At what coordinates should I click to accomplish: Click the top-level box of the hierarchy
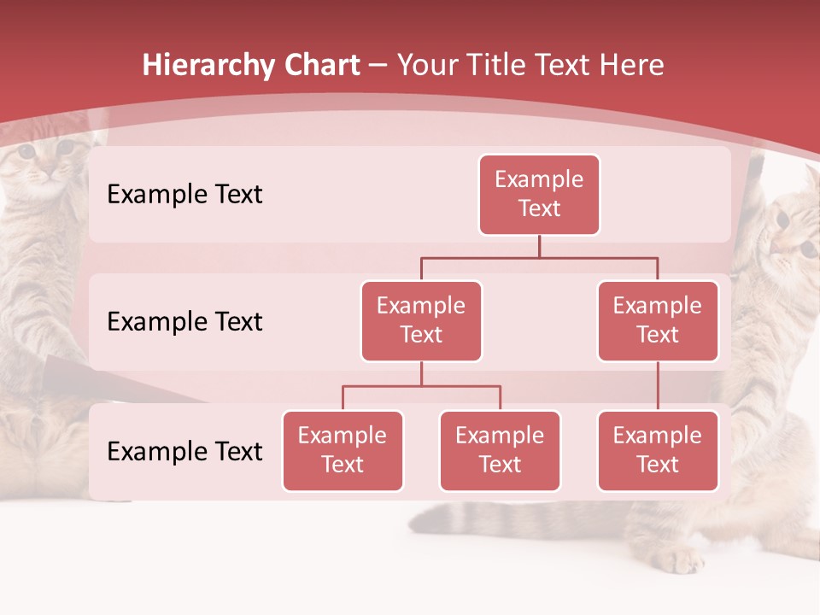click(539, 195)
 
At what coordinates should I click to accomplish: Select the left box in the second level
click(421, 321)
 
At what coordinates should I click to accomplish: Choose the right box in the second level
click(658, 321)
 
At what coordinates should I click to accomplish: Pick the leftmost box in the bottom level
click(343, 451)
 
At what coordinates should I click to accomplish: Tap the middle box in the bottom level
click(500, 451)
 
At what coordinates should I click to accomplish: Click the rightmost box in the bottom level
click(658, 451)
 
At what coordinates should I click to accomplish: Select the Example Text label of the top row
click(184, 195)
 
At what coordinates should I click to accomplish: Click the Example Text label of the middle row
click(184, 322)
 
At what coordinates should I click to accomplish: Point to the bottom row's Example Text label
click(184, 452)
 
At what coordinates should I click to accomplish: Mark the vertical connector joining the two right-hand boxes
click(658, 386)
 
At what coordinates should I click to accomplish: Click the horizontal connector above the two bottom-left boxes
click(421, 386)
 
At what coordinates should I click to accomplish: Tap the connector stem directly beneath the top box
click(539, 246)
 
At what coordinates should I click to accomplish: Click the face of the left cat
click(43, 162)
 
